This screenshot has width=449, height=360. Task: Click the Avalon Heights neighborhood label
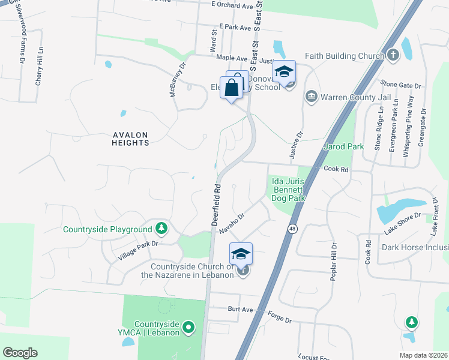click(130, 139)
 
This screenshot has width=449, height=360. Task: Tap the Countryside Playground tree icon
click(161, 229)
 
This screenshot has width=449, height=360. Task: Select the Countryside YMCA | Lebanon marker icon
click(188, 328)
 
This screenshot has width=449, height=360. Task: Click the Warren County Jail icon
click(311, 97)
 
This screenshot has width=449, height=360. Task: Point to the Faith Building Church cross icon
click(393, 56)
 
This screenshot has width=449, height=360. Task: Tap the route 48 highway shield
click(292, 229)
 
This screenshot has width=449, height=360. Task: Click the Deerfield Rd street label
click(217, 205)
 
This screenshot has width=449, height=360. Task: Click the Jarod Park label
click(343, 146)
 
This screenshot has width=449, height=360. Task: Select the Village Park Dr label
click(137, 251)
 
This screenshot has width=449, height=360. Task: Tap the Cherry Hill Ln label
click(40, 66)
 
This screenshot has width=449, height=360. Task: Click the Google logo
click(20, 352)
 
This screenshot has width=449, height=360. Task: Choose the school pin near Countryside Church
click(241, 254)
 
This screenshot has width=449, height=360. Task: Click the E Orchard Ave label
click(232, 5)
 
